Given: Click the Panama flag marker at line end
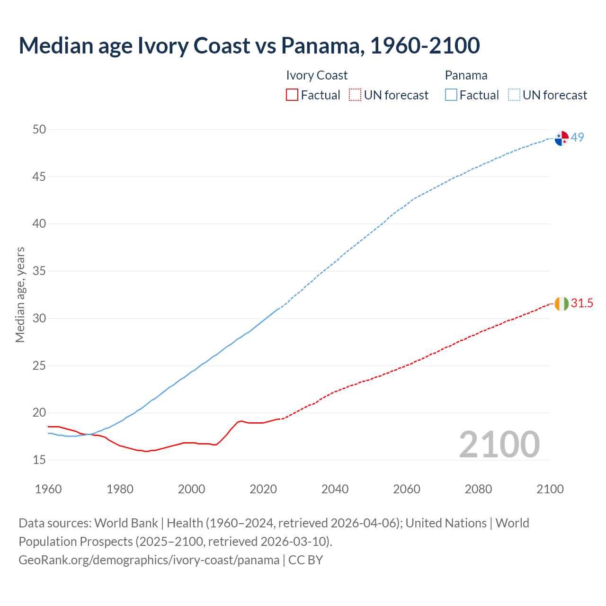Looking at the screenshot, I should coord(561,138).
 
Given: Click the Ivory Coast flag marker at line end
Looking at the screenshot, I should coord(561,303).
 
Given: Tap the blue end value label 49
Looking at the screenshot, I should coord(578,137).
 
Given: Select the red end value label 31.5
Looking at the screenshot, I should coord(582,303).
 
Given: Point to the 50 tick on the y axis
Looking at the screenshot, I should coord(39,129).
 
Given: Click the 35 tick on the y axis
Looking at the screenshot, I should coord(39,271).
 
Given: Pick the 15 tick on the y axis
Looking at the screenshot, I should coord(39,460).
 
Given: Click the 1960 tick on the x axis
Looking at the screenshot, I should coord(48,489).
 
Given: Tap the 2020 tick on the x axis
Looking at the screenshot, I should coord(263,489).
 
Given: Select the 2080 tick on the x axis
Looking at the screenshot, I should coord(478,489).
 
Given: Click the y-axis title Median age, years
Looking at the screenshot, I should coord(20,294).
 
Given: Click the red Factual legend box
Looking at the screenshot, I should coord(292,95).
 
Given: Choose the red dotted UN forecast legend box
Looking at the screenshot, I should coord(355,95).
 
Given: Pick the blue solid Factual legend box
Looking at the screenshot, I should coord(451,95).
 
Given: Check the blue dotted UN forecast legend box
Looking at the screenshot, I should coord(514,95).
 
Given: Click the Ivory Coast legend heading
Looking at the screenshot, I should coord(317,75).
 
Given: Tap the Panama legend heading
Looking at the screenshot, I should coord(466,75).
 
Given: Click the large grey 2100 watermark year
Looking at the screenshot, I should coord(499,444).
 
